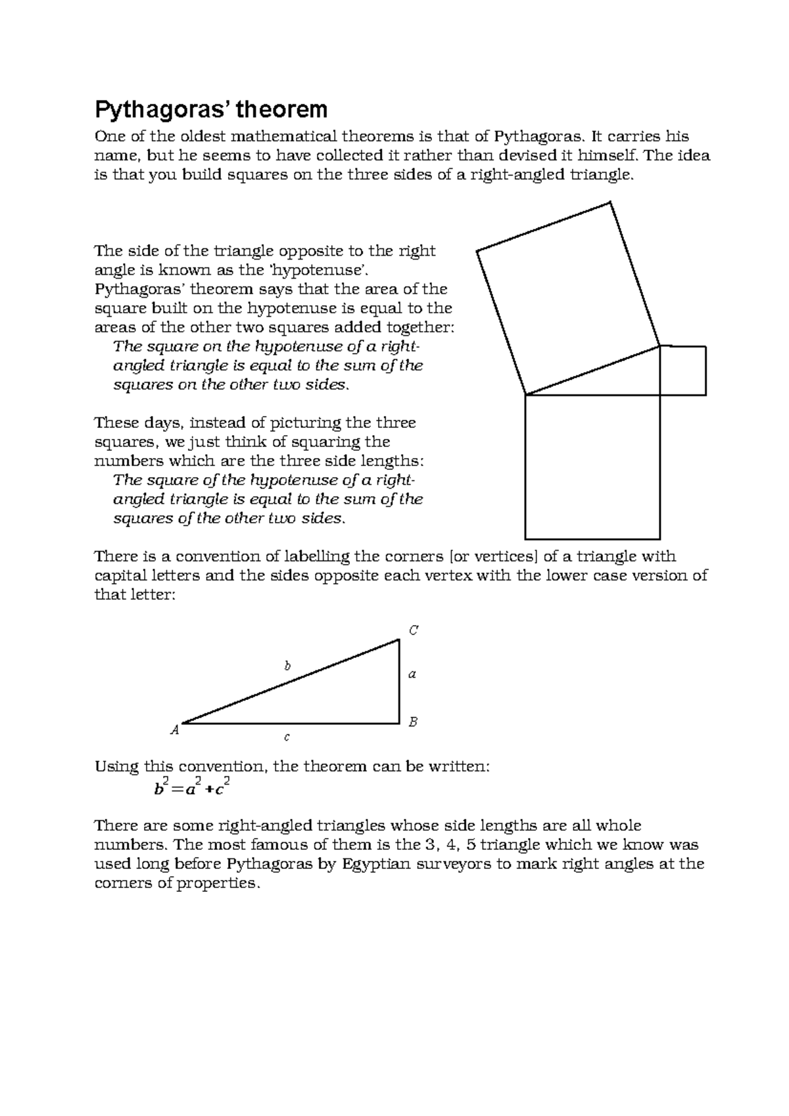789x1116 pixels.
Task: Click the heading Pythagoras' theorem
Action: [x=211, y=109]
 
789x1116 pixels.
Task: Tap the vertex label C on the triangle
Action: [x=414, y=630]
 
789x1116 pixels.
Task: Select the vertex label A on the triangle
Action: [x=175, y=730]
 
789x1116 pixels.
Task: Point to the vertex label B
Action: [x=414, y=722]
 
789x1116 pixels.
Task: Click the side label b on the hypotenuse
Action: [x=287, y=666]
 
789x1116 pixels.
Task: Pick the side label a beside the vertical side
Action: [x=413, y=674]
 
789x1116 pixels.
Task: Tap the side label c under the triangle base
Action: [x=287, y=737]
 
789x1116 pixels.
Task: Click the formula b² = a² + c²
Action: [x=191, y=787]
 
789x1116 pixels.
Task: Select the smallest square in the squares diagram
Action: [x=683, y=371]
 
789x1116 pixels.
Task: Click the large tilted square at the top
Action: [x=568, y=298]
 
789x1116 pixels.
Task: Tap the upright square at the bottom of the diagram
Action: [x=592, y=467]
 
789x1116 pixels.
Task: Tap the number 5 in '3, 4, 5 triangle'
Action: [x=470, y=845]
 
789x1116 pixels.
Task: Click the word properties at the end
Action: [x=218, y=883]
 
